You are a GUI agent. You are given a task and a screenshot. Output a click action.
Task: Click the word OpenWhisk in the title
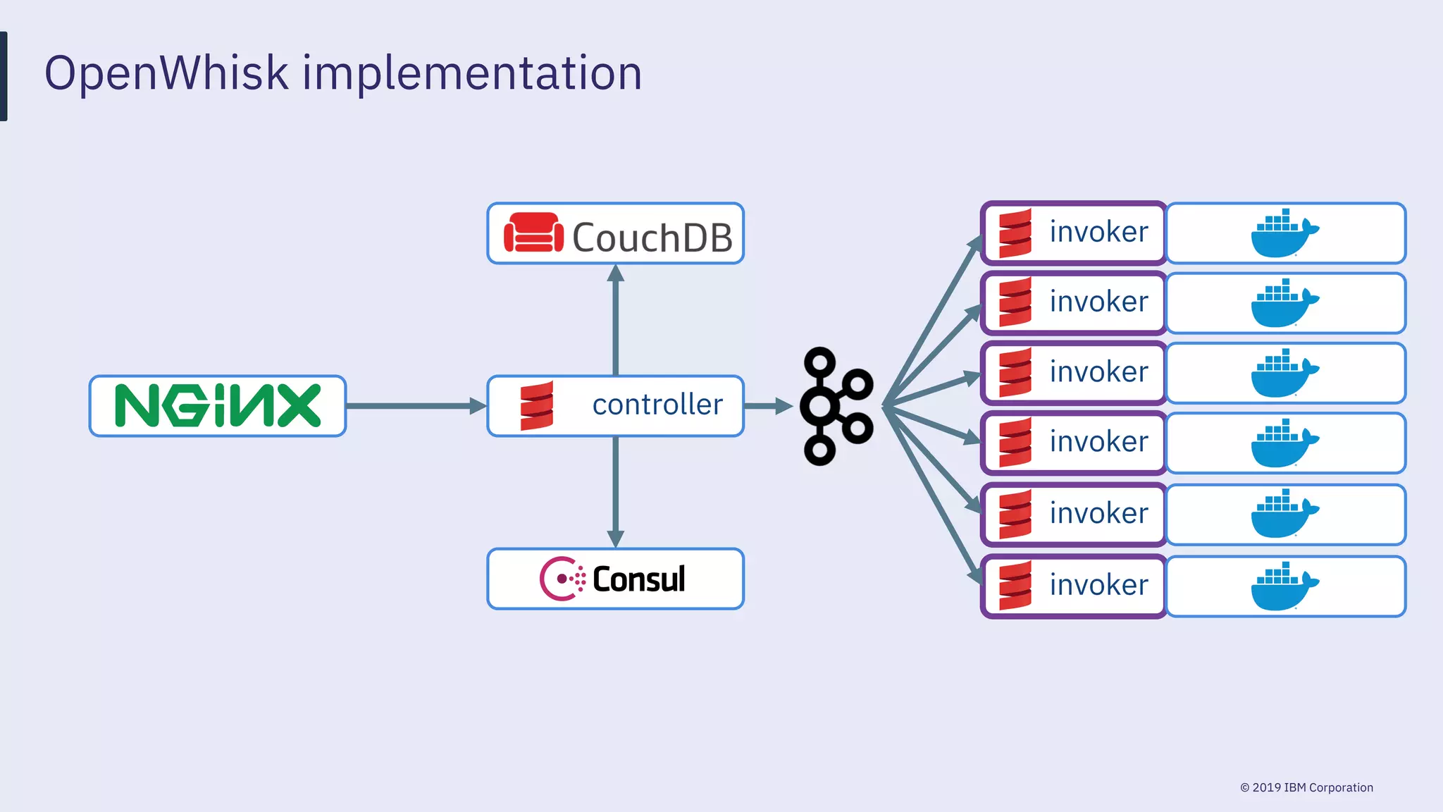pos(166,73)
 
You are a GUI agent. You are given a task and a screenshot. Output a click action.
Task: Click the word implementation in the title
pos(472,73)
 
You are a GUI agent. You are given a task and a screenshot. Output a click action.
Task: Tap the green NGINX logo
pos(218,406)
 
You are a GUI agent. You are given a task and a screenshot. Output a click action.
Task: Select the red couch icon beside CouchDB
pos(533,233)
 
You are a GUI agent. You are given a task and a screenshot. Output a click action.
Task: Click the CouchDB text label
pos(652,238)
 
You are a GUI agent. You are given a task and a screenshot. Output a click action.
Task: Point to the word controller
pos(657,405)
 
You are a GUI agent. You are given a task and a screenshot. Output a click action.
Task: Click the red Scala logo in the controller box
pos(537,406)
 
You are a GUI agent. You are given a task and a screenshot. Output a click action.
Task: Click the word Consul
pos(638,579)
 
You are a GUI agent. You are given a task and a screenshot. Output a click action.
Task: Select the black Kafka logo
pos(836,406)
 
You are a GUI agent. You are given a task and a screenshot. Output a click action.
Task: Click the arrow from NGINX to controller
pos(416,406)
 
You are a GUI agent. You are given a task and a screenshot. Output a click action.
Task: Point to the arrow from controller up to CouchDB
pos(616,321)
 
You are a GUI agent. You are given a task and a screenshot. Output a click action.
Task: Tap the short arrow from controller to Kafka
pos(768,406)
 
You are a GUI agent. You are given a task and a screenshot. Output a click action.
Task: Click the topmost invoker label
pos(1098,233)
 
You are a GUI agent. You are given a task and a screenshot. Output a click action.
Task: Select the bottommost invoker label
pos(1098,586)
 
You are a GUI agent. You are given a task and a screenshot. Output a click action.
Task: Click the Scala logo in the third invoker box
pos(1015,373)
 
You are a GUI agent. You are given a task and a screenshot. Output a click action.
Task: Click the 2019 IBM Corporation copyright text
pos(1307,787)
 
